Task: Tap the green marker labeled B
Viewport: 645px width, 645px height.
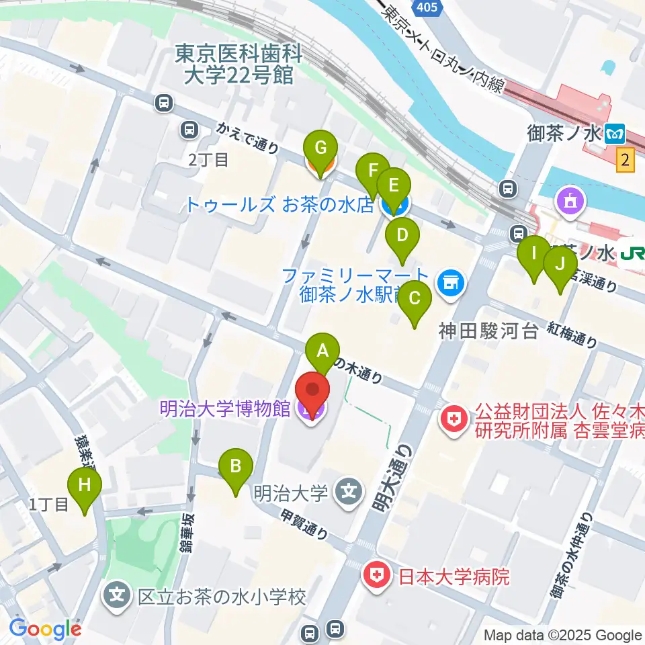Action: point(236,466)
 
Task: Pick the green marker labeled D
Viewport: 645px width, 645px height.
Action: point(402,236)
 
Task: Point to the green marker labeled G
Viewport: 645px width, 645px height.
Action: point(320,147)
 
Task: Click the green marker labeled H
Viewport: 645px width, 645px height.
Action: point(85,485)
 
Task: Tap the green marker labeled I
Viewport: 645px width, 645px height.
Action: point(535,254)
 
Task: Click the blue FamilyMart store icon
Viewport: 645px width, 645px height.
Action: point(449,283)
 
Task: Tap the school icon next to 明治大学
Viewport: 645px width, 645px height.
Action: point(349,493)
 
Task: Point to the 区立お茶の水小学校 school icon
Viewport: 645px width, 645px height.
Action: point(117,595)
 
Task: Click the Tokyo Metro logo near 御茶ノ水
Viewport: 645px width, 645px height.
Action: point(614,134)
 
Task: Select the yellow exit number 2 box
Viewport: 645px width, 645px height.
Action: point(626,160)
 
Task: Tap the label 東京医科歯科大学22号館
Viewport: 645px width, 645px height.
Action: point(238,63)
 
